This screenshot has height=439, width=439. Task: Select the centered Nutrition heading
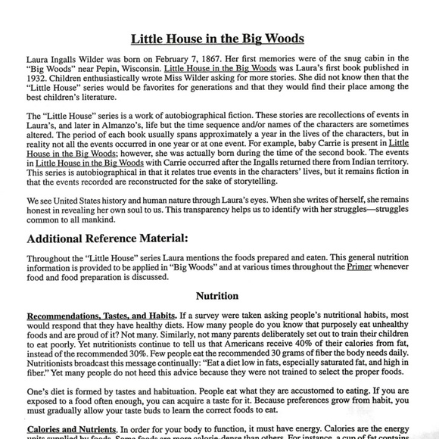tap(217, 296)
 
